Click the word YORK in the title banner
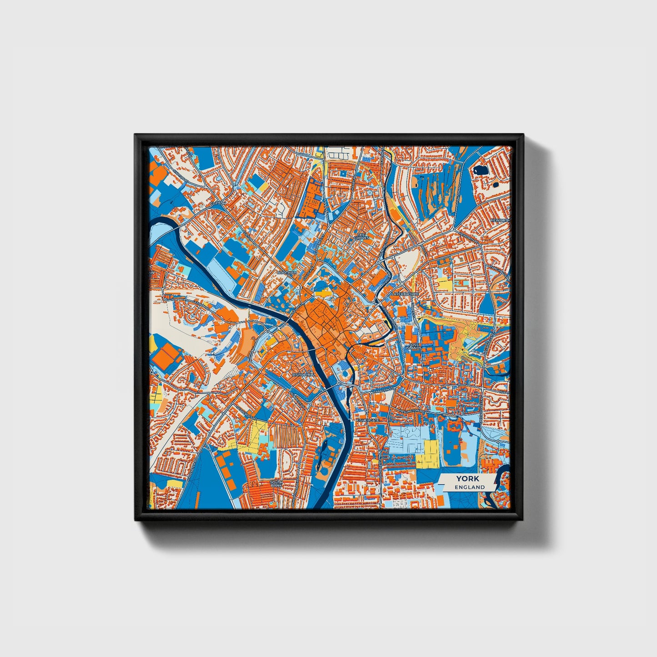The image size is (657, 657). coord(465,479)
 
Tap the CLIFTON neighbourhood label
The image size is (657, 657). coord(218,203)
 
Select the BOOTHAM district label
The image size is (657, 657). coord(287,272)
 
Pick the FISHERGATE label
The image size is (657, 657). coord(367,421)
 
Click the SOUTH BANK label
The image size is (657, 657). coord(276,484)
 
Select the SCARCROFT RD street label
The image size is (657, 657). coord(246,411)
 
